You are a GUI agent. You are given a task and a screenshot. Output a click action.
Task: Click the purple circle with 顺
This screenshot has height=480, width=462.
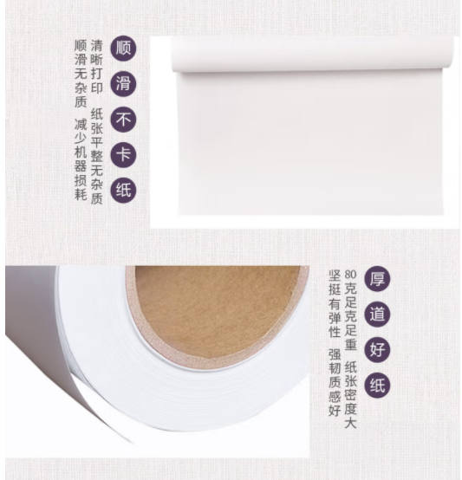coord(123,49)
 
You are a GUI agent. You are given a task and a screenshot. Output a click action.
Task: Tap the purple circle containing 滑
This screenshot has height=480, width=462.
coord(123,84)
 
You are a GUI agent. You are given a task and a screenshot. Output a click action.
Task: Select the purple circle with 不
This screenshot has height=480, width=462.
coord(123,120)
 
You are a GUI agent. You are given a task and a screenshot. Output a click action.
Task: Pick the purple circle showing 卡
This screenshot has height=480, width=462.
coord(123,154)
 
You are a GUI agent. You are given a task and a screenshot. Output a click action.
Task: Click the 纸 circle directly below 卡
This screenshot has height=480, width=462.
coord(123,190)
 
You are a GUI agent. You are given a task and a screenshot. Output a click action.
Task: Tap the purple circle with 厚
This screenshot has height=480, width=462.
coord(377,279)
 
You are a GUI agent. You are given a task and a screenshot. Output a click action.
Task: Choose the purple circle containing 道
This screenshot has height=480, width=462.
coord(377,315)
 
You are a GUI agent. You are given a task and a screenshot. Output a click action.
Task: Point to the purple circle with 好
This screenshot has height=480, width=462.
coord(377,349)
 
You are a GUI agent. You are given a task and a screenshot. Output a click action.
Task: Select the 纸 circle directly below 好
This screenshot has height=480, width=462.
coord(377,385)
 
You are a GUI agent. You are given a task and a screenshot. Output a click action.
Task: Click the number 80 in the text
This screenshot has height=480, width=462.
coord(350,274)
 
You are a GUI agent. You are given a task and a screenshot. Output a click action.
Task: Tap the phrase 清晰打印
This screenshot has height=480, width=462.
coord(97,67)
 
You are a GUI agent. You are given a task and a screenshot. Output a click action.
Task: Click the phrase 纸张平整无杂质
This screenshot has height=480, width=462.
coord(97,157)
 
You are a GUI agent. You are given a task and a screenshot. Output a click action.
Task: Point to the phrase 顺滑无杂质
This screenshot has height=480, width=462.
coord(81,74)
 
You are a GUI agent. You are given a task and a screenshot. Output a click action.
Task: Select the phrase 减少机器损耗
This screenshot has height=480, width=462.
coord(81,159)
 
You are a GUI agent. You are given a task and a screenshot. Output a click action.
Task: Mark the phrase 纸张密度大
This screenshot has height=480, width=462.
coord(350,395)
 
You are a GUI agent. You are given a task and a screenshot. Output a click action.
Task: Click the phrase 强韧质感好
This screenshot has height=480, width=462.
coord(335,383)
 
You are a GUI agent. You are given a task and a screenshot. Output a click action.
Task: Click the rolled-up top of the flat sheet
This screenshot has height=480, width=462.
coord(312,55)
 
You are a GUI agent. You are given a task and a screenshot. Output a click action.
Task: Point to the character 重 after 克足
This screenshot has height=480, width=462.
coord(350,343)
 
